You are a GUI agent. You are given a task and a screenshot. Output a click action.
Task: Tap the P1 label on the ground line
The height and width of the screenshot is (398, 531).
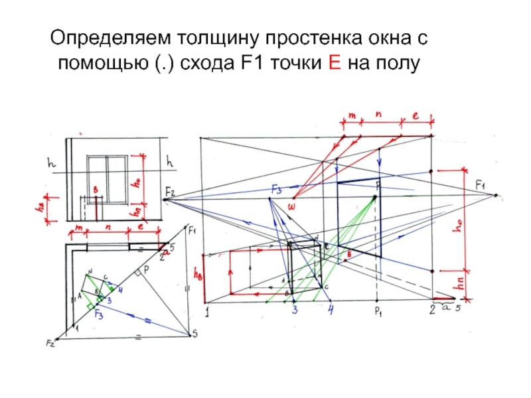[376, 310]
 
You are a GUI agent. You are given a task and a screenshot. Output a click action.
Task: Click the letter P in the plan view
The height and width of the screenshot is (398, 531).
[146, 270]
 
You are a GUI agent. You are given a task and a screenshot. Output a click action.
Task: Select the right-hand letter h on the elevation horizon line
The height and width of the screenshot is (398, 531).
[170, 161]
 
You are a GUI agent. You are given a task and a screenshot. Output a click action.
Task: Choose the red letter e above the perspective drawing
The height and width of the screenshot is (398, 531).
[416, 115]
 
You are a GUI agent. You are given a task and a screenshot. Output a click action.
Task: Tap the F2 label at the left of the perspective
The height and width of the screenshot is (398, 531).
[170, 192]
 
